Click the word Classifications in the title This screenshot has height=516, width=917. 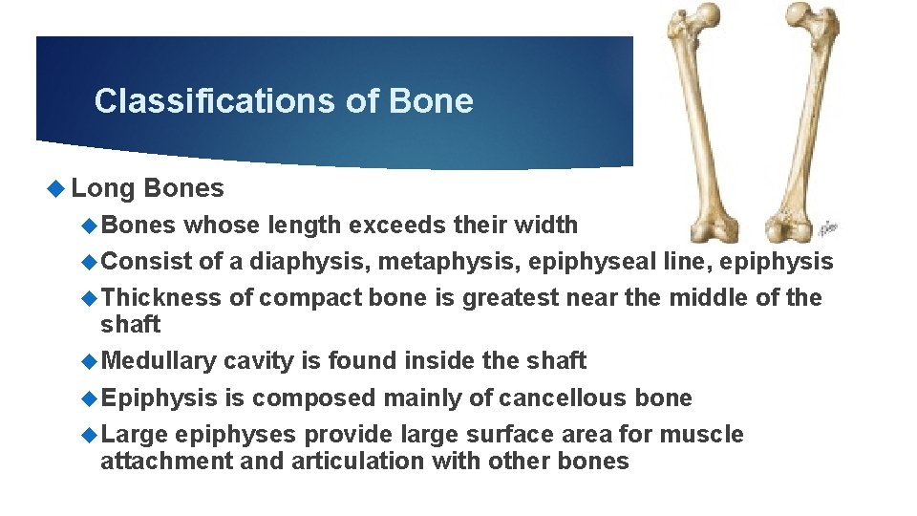point(204,101)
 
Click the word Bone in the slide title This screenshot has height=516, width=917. point(431,101)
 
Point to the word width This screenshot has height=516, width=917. point(547,226)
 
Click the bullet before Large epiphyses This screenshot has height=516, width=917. point(91,435)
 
